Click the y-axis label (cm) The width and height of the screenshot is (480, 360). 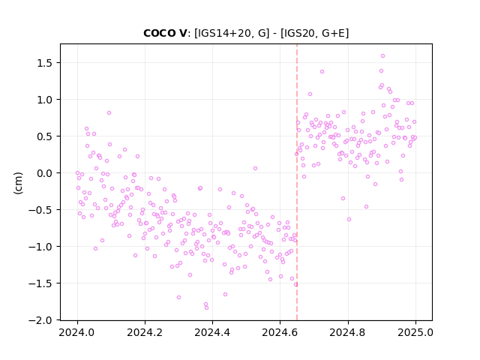click(18, 183)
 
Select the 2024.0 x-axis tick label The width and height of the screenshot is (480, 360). click(77, 332)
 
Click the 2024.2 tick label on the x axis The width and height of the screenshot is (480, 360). click(145, 332)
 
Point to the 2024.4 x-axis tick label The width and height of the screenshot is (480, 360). click(212, 332)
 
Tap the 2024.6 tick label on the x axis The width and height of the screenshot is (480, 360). click(280, 332)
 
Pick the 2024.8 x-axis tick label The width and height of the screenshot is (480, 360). click(348, 332)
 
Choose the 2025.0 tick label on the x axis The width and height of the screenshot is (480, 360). click(415, 332)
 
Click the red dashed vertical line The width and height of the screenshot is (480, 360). click(297, 182)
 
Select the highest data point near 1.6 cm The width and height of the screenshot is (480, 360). click(382, 56)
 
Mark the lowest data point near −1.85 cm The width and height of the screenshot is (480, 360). click(207, 307)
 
